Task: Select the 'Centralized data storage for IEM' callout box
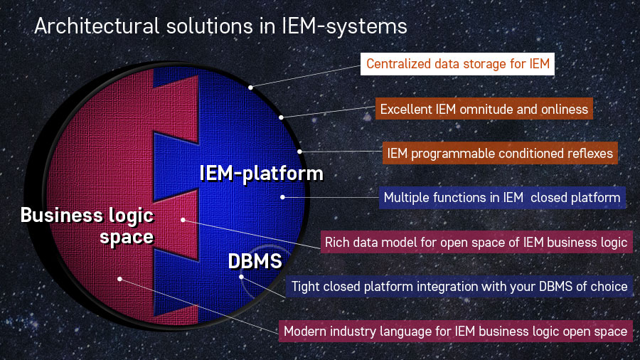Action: (457, 65)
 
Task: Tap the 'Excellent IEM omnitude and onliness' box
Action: (484, 109)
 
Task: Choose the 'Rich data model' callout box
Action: (476, 242)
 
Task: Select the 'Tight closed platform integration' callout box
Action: (459, 286)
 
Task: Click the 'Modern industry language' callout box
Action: (455, 331)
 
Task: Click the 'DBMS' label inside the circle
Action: (255, 261)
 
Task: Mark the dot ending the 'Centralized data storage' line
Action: (250, 88)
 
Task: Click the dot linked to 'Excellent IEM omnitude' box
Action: (282, 117)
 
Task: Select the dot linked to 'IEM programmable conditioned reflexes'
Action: (300, 151)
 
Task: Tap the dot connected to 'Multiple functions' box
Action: (283, 197)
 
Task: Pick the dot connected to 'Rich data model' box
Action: (183, 220)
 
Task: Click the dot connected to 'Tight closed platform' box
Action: (242, 277)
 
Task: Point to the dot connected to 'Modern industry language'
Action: (120, 279)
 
